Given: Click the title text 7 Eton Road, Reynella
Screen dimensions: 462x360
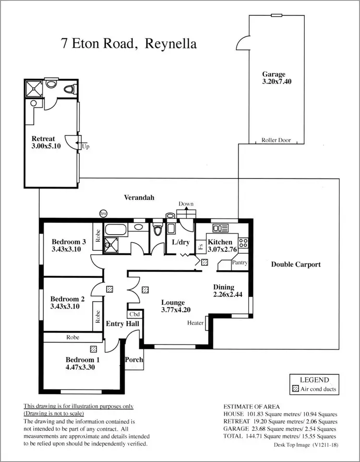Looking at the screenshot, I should tap(129, 44).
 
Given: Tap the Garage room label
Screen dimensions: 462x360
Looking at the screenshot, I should tap(274, 74).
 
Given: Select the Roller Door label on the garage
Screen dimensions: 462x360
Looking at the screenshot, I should tap(276, 141).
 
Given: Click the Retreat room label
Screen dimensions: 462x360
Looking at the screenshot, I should tap(43, 139).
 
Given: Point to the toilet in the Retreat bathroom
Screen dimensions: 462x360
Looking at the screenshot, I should tap(72, 89).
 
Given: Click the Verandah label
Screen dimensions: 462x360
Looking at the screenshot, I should tap(139, 197).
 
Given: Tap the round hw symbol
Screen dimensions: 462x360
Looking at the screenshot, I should tap(103, 213).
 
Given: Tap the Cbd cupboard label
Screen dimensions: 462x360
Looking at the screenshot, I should tap(134, 314).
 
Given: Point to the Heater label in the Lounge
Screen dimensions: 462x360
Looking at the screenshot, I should tap(195, 323).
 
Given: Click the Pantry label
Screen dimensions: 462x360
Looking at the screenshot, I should tap(240, 263).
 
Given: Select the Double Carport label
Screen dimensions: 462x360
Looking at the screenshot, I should tap(296, 264).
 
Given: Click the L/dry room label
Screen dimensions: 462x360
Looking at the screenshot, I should tap(181, 242).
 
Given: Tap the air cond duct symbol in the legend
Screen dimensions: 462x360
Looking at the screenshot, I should tap(295, 389).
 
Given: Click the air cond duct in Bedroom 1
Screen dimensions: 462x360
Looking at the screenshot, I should tap(93, 349).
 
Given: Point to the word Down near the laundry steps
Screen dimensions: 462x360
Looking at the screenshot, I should tap(186, 204).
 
